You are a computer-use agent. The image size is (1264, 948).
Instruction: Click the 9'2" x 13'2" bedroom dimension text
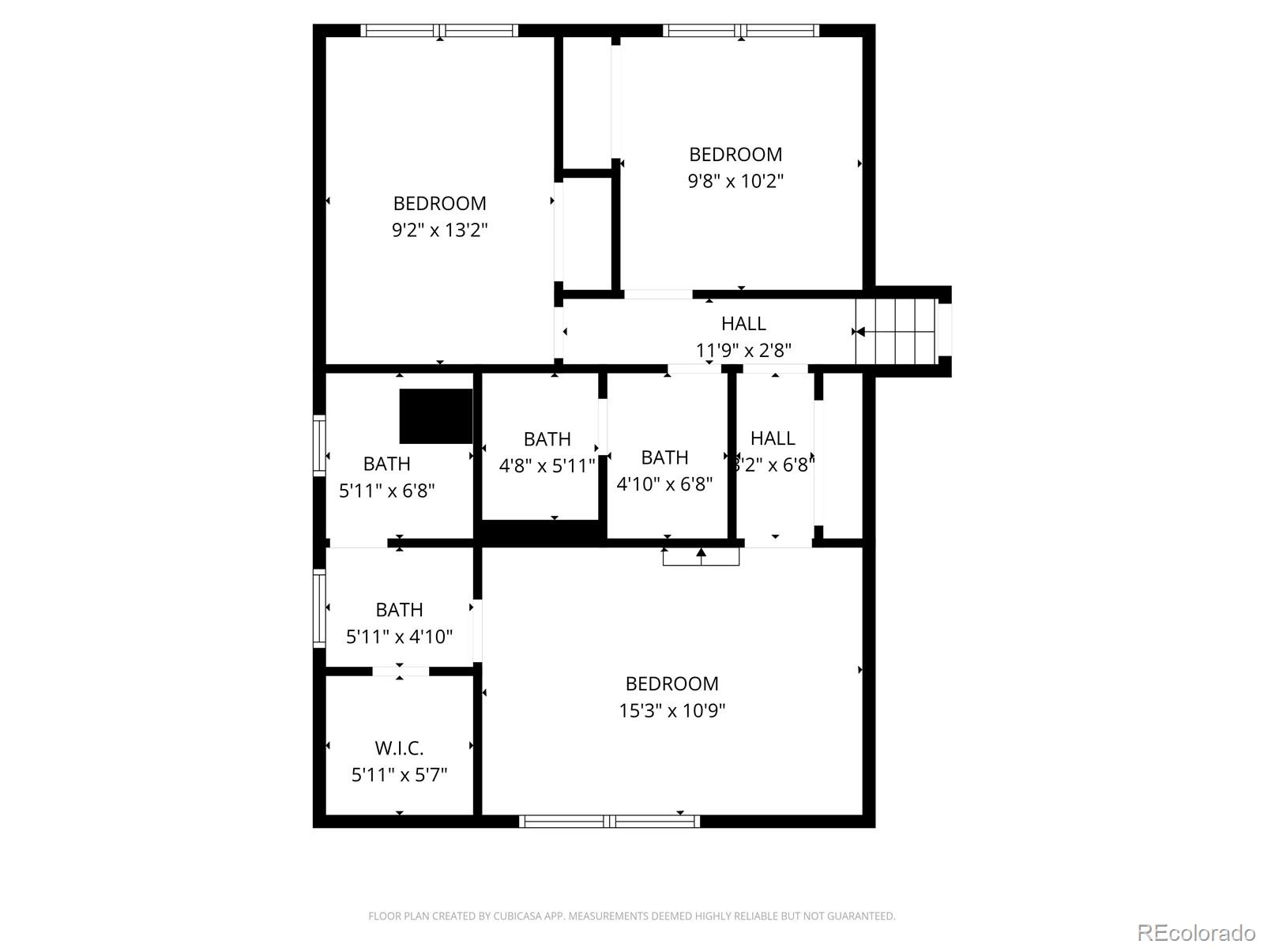(x=439, y=230)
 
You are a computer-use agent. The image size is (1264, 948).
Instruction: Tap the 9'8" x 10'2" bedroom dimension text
(x=735, y=181)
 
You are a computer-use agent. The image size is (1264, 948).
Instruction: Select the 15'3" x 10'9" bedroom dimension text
(x=671, y=710)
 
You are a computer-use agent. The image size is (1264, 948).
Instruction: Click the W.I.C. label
(x=399, y=747)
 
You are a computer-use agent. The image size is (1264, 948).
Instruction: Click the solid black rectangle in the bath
(x=435, y=416)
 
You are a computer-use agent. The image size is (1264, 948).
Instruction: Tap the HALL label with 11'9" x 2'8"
(x=743, y=323)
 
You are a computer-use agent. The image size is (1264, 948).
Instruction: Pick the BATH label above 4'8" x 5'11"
(x=547, y=438)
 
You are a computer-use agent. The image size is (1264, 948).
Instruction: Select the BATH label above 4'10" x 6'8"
(x=664, y=457)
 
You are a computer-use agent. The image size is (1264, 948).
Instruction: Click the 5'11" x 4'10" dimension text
(x=399, y=636)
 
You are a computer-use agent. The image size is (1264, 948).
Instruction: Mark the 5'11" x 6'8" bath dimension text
(x=386, y=491)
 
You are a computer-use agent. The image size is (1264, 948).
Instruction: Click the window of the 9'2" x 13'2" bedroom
(x=439, y=31)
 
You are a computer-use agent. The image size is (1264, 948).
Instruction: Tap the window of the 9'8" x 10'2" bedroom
(x=740, y=31)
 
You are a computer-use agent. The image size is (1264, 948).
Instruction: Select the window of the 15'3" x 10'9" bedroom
(x=609, y=822)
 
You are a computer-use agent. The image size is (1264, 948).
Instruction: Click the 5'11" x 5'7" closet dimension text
(x=399, y=774)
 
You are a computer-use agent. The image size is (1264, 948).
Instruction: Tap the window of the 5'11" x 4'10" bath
(x=319, y=608)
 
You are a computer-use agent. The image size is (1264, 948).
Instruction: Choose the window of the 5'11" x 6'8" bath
(x=319, y=445)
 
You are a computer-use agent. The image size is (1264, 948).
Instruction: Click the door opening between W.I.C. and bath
(x=401, y=671)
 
